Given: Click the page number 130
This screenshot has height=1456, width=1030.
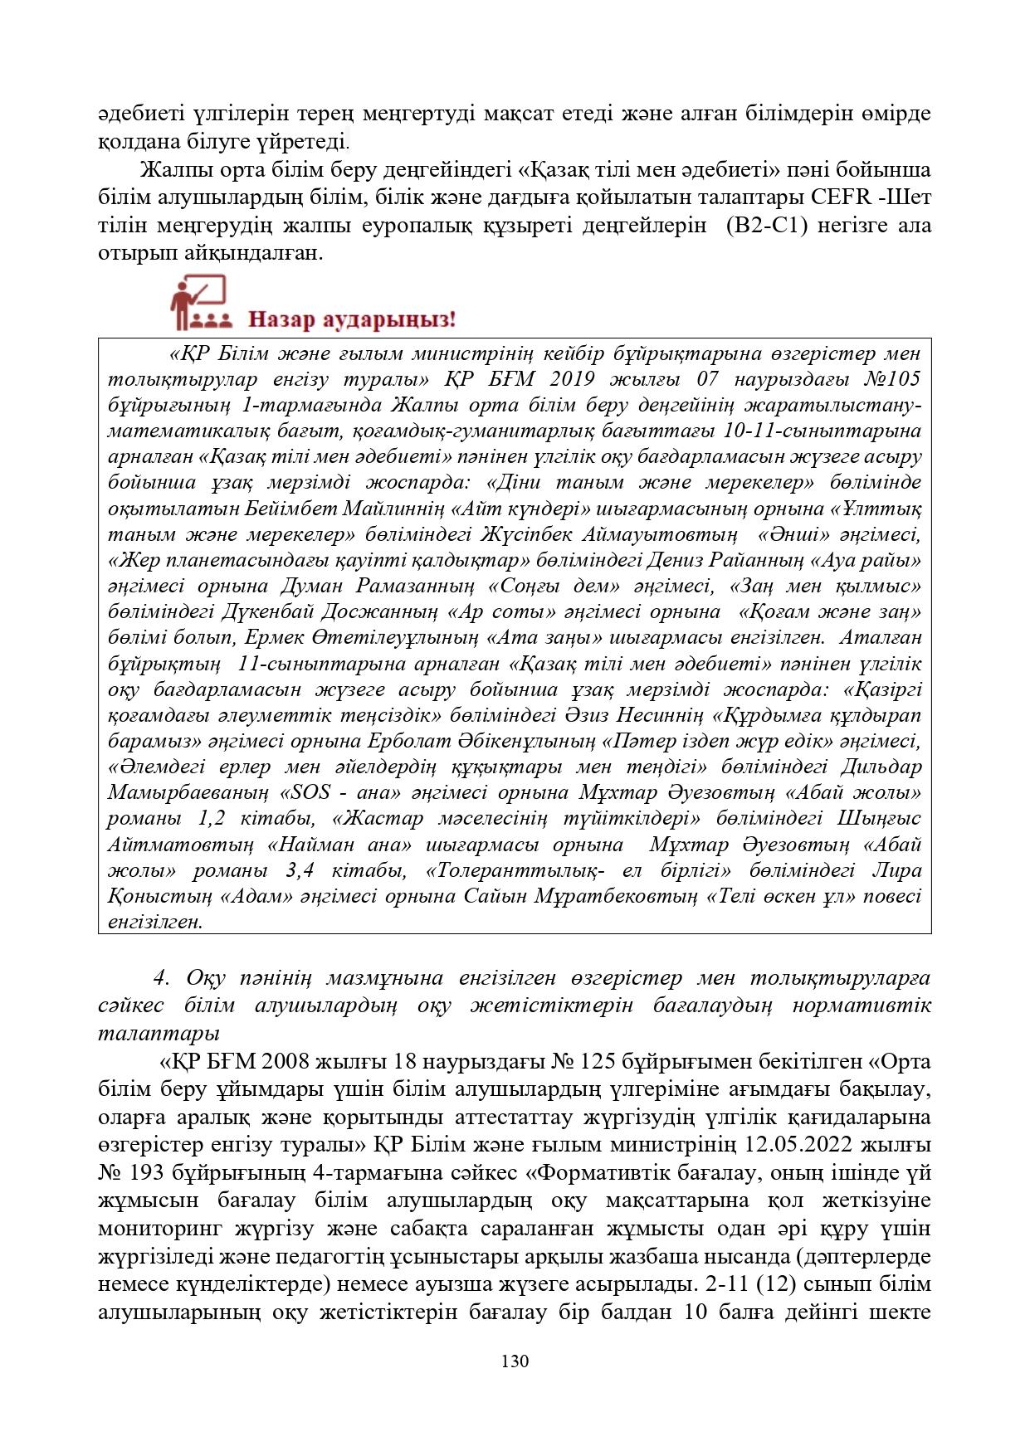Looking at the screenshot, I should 515,1361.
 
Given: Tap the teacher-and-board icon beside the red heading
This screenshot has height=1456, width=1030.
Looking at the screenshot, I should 198,304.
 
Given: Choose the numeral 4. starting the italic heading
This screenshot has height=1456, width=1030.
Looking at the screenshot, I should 162,978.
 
